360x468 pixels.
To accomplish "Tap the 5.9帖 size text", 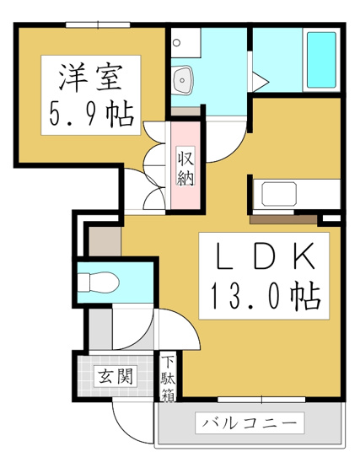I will [91, 114].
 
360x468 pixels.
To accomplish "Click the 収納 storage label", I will [186, 167].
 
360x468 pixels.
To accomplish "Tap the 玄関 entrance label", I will [116, 377].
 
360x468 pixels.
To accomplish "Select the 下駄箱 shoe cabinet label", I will [169, 378].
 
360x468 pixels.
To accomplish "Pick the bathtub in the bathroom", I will [320, 61].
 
